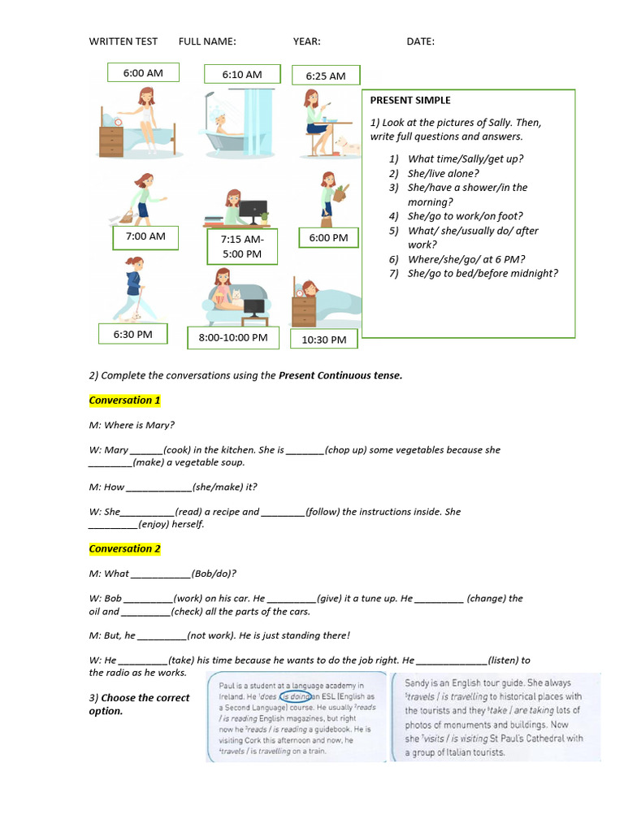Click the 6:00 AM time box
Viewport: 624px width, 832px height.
point(143,73)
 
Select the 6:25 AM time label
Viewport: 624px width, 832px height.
point(326,76)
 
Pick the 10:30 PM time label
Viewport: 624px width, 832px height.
point(324,340)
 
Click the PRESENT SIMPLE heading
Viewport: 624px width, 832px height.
point(409,100)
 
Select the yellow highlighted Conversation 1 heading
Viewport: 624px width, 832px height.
point(124,401)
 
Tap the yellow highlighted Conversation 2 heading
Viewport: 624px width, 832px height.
point(124,549)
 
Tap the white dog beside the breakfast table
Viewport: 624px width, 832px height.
point(348,146)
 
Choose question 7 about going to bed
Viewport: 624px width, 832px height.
point(483,274)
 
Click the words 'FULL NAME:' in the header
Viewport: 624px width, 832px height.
point(207,41)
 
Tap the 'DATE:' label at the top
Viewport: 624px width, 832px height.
point(420,41)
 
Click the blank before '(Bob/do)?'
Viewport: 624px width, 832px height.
point(160,574)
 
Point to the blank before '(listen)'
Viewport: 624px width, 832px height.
point(452,661)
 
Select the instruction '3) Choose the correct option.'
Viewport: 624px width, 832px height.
point(139,704)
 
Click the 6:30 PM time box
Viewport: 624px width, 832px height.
point(133,335)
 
